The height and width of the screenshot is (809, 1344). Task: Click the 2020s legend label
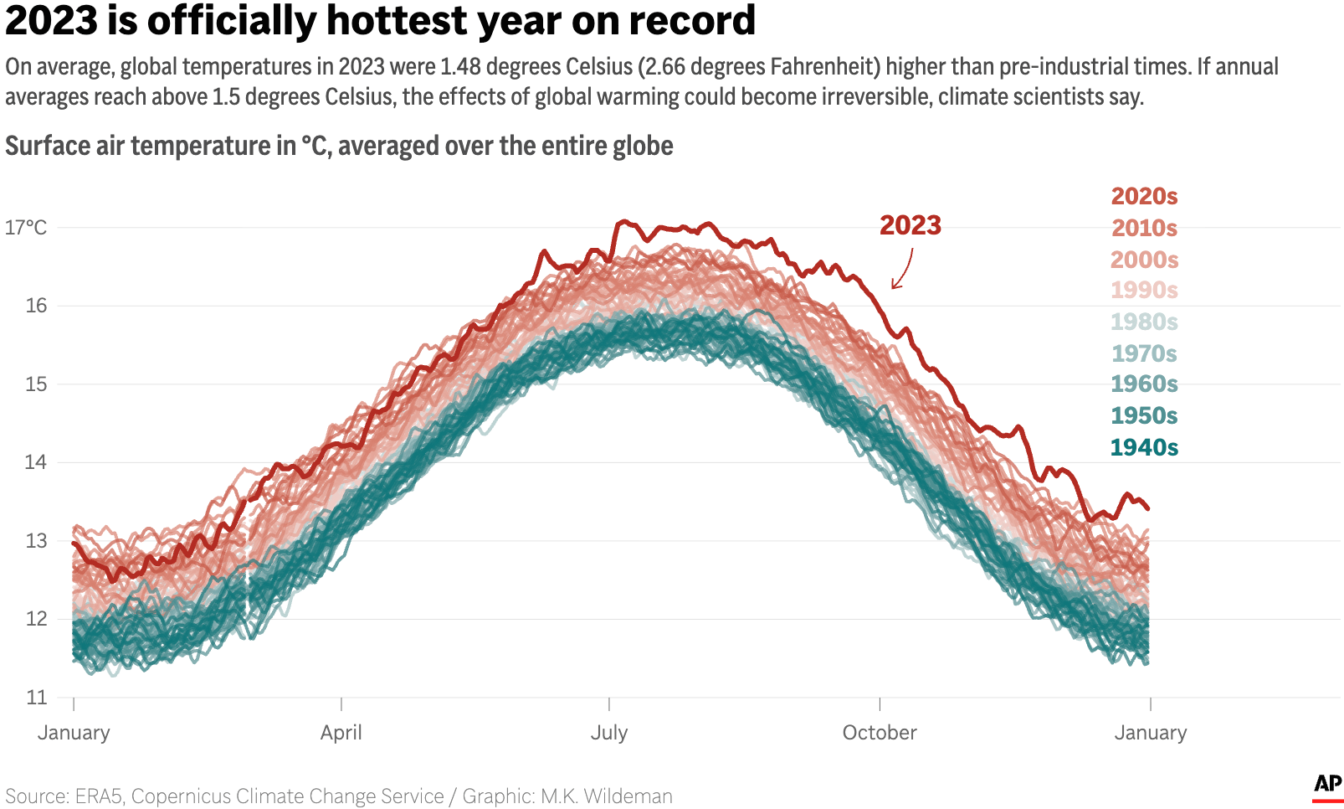[x=1143, y=196]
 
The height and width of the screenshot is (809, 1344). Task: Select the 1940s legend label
[x=1143, y=447]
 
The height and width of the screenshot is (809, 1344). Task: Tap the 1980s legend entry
[x=1143, y=322]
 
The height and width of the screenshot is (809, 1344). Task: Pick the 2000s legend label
[x=1143, y=260]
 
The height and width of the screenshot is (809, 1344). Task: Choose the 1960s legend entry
[x=1143, y=384]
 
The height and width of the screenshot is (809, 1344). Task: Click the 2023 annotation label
[x=910, y=225]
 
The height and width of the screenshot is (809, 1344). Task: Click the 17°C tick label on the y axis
[x=26, y=228]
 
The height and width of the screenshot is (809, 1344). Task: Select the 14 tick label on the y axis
[x=36, y=462]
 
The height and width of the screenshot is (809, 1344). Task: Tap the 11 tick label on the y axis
[x=36, y=698]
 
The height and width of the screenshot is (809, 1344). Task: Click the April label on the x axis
[x=341, y=733]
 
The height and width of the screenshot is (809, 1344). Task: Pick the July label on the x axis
[x=608, y=733]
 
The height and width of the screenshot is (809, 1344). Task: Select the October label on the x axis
[x=879, y=733]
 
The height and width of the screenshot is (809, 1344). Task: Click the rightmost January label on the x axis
[x=1150, y=733]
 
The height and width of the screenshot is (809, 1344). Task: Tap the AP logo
[x=1327, y=785]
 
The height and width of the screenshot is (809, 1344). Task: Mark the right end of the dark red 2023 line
[x=1148, y=508]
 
